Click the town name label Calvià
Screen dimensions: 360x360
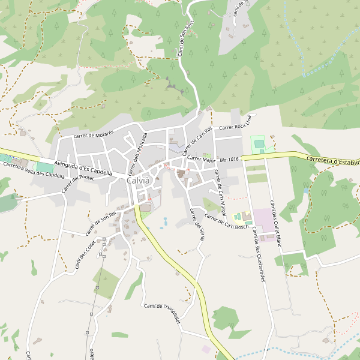[138, 181]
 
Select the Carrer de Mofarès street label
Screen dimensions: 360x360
[93, 134]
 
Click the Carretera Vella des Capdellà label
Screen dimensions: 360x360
[33, 170]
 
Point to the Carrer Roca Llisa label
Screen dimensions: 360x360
[238, 126]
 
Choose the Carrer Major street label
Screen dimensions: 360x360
[201, 160]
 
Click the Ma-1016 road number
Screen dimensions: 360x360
[230, 159]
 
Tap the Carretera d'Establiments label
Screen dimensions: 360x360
[332, 161]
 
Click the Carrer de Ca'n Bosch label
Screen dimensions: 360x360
[226, 221]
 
